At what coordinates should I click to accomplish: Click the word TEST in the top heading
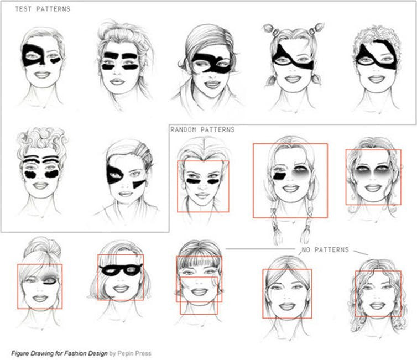coord(23,9)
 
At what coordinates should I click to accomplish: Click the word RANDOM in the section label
coord(184,130)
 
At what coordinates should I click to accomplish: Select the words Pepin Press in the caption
coord(134,353)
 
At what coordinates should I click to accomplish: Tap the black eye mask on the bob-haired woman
coord(121,270)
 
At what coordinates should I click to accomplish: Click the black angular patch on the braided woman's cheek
coord(279,176)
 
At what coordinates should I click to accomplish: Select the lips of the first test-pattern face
coord(41,75)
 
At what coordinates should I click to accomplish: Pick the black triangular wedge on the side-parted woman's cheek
coord(139,184)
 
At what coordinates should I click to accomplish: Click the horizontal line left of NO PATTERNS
coord(260,249)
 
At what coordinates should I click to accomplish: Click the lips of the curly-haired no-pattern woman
coord(376,305)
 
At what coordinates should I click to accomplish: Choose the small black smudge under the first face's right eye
coord(56,61)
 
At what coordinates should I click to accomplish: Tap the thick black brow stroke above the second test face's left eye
coord(111,55)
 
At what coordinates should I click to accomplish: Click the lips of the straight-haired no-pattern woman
coord(287,306)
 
